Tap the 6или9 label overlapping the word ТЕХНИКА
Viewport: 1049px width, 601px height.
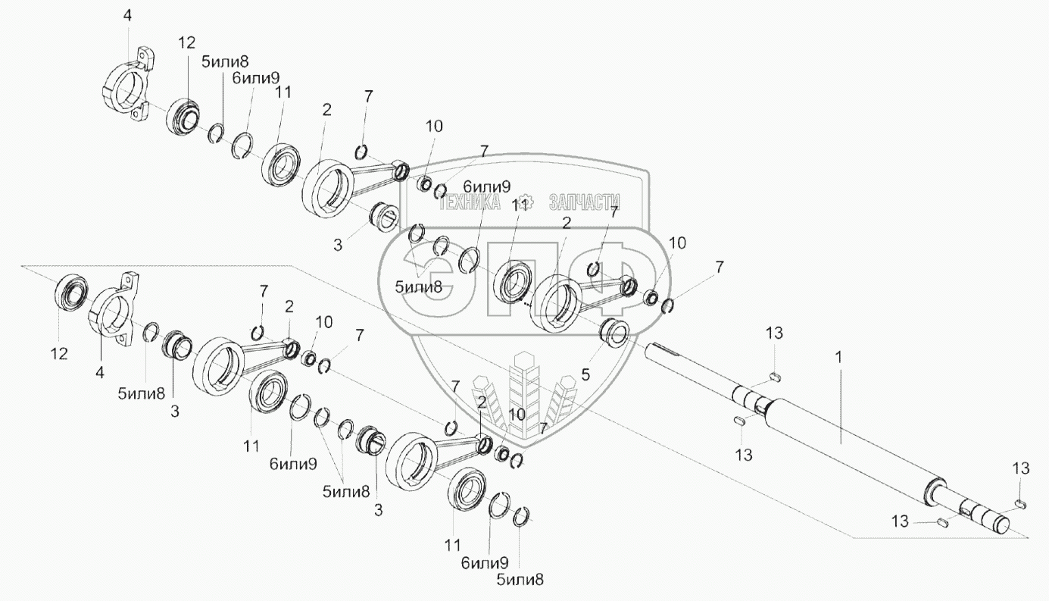486,186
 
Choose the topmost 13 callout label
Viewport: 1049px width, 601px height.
773,333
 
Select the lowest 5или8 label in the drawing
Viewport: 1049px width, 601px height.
520,579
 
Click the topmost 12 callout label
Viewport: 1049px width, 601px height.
187,43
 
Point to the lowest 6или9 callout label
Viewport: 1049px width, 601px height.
485,562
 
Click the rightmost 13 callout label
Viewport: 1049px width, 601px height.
1019,469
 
